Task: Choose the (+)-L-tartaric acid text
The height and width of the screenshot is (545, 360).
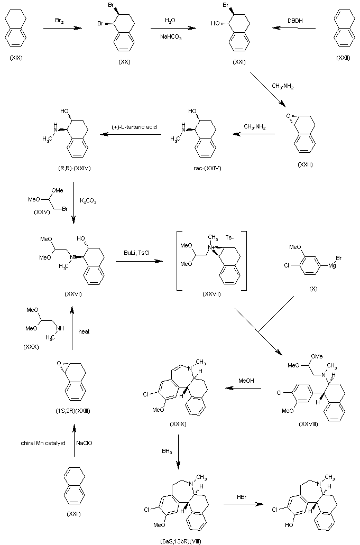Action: click(134, 127)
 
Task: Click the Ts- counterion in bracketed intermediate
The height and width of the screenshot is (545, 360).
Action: click(229, 239)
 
